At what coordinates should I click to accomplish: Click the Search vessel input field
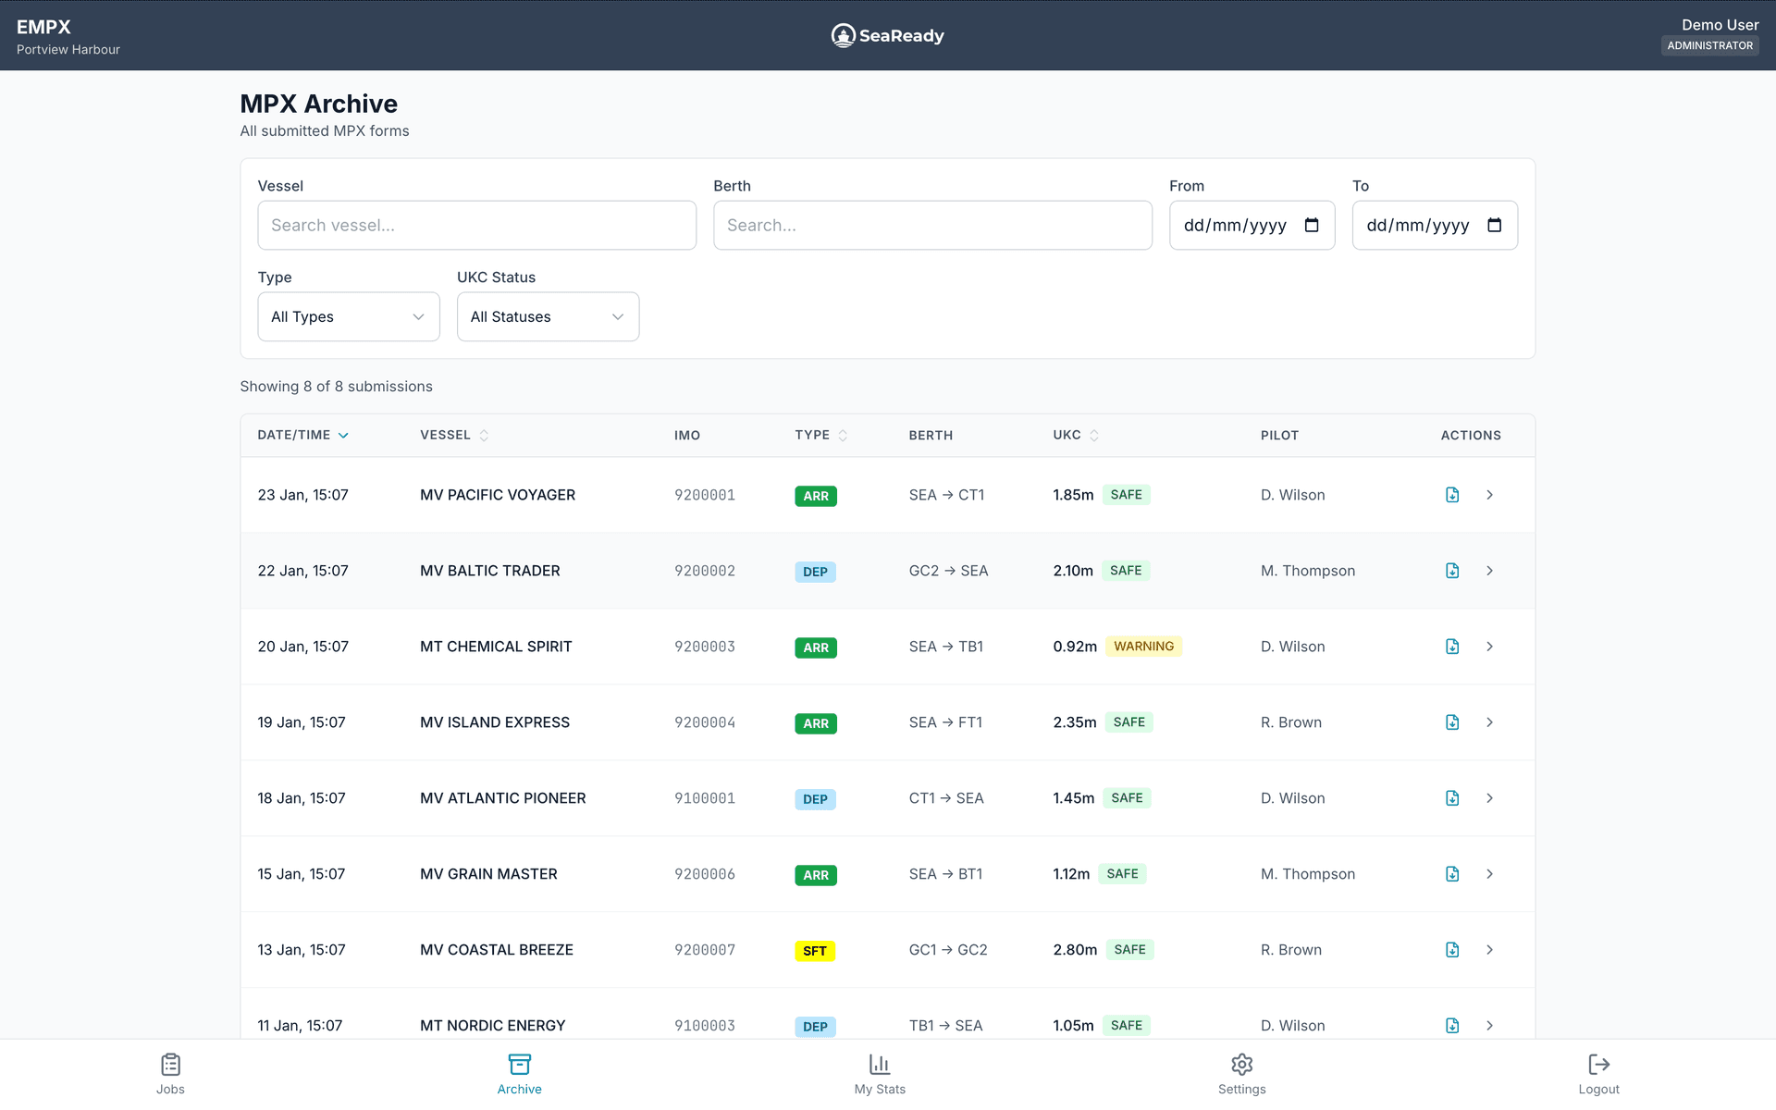point(476,225)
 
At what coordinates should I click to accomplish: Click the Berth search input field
point(932,225)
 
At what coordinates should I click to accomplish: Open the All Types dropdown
point(348,316)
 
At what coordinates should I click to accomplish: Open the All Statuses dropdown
point(548,316)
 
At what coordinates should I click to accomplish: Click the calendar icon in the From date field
point(1311,225)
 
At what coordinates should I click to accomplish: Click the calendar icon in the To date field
point(1494,225)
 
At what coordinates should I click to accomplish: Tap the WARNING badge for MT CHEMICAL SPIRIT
point(1143,647)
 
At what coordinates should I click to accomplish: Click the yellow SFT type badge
point(815,951)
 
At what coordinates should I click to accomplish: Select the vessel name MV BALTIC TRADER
point(489,571)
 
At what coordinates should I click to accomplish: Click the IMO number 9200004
point(704,722)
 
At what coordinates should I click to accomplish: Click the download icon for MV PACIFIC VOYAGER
point(1452,495)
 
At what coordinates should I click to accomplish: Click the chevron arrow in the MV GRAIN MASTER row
point(1489,874)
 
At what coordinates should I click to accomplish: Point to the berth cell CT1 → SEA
point(945,798)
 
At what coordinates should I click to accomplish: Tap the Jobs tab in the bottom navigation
point(170,1073)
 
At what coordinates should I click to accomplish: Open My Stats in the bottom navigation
point(879,1073)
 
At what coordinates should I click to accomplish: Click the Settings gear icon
point(1241,1065)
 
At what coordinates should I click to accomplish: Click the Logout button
point(1598,1073)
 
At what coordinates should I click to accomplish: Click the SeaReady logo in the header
point(887,35)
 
